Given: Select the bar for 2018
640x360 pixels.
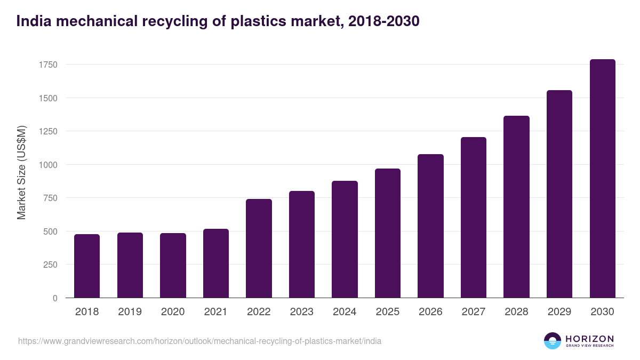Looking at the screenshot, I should pos(87,266).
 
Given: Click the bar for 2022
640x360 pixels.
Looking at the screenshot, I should pos(259,248).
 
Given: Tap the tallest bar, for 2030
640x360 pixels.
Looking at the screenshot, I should pos(602,179).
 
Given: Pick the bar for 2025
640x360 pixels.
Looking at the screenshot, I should pos(388,233).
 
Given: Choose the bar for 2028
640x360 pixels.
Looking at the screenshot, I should pos(516,207).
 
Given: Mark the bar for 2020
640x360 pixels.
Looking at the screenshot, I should pos(173,265).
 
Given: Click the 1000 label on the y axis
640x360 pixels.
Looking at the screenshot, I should pos(48,165).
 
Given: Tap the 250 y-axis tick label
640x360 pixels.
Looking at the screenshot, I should pos(50,265).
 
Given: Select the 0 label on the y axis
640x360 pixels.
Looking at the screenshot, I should pos(55,298).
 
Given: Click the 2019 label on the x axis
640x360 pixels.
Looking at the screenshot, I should pos(130,312).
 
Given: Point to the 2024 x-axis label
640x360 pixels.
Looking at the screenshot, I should pos(345,312).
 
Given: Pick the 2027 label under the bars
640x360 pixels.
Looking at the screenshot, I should pos(474,312).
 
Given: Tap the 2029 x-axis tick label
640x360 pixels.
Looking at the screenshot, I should pos(559,312).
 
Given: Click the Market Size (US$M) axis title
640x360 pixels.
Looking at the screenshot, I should pos(21,173).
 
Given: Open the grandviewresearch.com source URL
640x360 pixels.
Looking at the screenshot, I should pos(199,341).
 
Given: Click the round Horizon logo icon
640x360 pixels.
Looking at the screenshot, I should pos(553,341).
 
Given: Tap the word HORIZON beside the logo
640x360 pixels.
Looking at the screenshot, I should pos(590,339).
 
